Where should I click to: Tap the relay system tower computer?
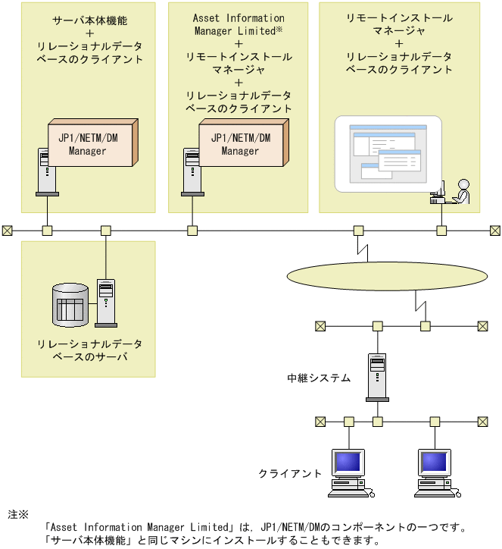pyautogui.click(x=376, y=376)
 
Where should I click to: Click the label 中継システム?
pyautogui.click(x=319, y=377)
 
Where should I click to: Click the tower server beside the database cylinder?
pyautogui.click(x=105, y=302)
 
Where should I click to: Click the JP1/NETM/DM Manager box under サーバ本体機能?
pyautogui.click(x=92, y=143)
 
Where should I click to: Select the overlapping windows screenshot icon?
pyautogui.click(x=388, y=155)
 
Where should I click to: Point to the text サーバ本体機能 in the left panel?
pyautogui.click(x=89, y=17)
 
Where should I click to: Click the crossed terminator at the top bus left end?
pyautogui.click(x=8, y=231)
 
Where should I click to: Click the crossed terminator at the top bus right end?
pyautogui.click(x=494, y=231)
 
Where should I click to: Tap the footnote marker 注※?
pyautogui.click(x=18, y=514)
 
